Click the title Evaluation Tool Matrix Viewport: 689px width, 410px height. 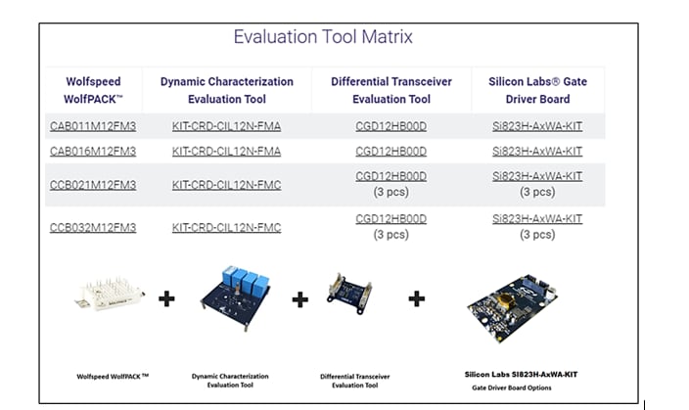tap(323, 37)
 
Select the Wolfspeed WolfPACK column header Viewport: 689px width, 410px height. tap(93, 90)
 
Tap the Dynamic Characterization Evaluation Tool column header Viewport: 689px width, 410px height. tap(226, 90)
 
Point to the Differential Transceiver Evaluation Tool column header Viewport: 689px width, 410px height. tap(390, 90)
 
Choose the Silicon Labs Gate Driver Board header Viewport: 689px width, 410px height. tap(536, 90)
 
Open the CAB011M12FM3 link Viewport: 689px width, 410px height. tap(93, 126)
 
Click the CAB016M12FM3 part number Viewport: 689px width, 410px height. tap(93, 151)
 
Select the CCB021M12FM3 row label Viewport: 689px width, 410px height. tap(93, 185)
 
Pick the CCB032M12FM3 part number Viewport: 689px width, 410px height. tap(93, 227)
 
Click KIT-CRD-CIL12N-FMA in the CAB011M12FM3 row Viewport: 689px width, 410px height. tap(226, 126)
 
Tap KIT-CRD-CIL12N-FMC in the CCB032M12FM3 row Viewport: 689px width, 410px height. tap(226, 227)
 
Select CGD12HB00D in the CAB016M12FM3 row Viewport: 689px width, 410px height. tap(390, 151)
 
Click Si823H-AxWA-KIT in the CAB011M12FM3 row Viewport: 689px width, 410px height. tap(536, 126)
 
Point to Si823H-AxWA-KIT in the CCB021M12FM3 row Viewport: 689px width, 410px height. tap(536, 176)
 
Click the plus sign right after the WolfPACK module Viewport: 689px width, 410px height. tap(167, 297)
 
